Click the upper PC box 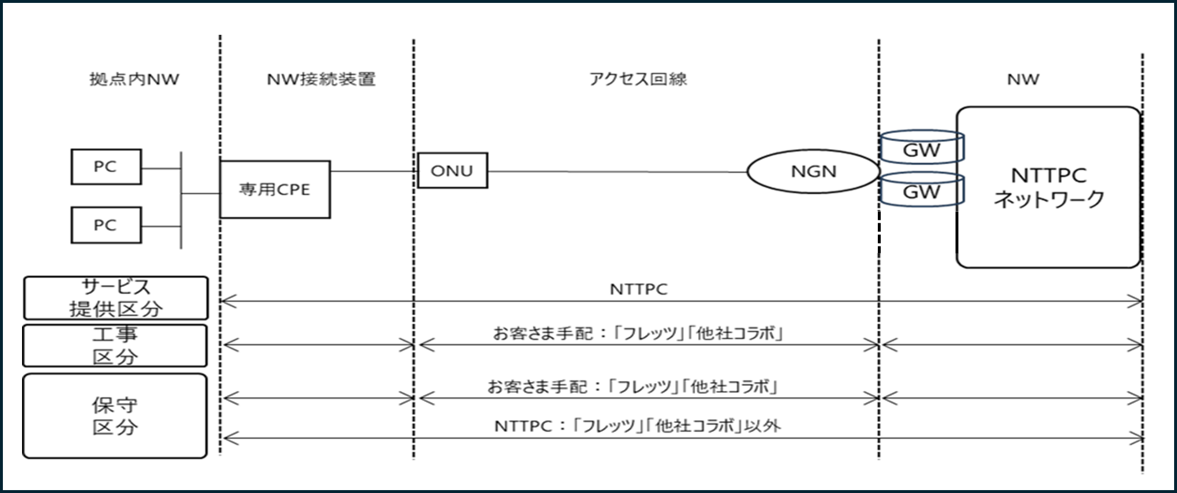(x=106, y=166)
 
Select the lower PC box (x=106, y=225)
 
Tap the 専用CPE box (x=275, y=190)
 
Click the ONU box (x=452, y=171)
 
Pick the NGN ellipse (x=813, y=172)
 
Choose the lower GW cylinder (x=922, y=189)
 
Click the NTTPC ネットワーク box (x=1048, y=187)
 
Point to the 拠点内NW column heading (x=135, y=79)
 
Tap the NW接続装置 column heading (x=321, y=79)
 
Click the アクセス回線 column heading (x=638, y=79)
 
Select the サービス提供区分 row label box (x=116, y=298)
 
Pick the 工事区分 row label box (x=115, y=346)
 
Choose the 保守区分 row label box (x=115, y=416)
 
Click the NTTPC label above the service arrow (x=638, y=289)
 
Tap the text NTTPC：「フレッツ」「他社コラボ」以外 (x=638, y=426)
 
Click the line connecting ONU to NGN (x=617, y=172)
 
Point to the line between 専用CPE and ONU (x=374, y=171)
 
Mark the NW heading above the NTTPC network (x=1023, y=79)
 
